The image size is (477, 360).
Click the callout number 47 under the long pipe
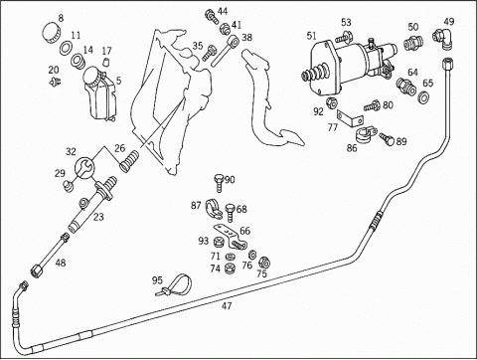pos(227,306)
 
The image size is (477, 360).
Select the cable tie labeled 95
pos(175,285)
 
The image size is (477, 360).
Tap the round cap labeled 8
pos(52,33)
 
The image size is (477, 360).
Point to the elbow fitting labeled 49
pos(443,39)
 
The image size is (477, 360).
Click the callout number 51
pos(312,36)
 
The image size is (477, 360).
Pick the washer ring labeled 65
pos(423,96)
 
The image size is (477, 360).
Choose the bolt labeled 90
pos(220,183)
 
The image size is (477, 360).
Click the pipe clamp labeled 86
pos(366,133)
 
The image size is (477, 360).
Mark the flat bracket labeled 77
pos(350,119)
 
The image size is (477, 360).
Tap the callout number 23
pos(98,217)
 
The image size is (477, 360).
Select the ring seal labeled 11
pos(66,48)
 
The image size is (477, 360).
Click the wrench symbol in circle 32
pos(84,168)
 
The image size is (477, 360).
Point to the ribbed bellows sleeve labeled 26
pos(129,161)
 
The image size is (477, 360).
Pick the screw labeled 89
pos(388,139)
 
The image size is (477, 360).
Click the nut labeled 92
pos(331,103)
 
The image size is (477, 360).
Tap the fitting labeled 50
pos(411,42)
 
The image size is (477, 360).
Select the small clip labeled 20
pos(56,81)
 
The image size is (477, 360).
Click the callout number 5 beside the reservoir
pos(118,80)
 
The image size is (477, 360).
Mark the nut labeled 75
pos(264,263)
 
